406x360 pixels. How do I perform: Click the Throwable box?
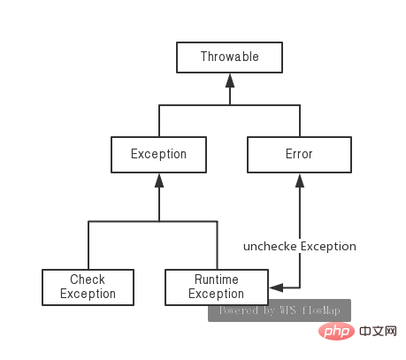[x=229, y=57]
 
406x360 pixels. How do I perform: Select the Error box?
[x=299, y=155]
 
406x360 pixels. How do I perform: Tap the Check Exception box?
[x=88, y=287]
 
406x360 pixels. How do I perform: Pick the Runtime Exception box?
[x=217, y=287]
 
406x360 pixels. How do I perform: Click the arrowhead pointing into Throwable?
[x=230, y=80]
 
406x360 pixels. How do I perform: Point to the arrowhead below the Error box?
[x=300, y=180]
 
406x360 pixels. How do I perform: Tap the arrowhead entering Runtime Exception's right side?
[x=276, y=287]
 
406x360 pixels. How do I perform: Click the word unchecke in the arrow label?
[x=270, y=247]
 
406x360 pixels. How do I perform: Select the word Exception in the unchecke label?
[x=328, y=247]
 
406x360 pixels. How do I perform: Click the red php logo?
[x=336, y=332]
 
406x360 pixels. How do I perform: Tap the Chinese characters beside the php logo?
[x=378, y=332]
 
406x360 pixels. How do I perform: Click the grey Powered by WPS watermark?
[x=280, y=310]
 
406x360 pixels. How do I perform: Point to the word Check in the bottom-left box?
[x=88, y=280]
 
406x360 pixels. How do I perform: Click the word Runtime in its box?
[x=217, y=280]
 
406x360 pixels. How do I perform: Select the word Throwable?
[x=230, y=57]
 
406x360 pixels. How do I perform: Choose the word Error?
[x=299, y=154]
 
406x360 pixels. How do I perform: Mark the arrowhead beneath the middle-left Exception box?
[x=159, y=180]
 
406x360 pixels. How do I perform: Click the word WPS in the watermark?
[x=287, y=310]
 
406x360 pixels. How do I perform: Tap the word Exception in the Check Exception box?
[x=88, y=294]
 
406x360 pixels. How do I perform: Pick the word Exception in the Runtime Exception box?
[x=216, y=294]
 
